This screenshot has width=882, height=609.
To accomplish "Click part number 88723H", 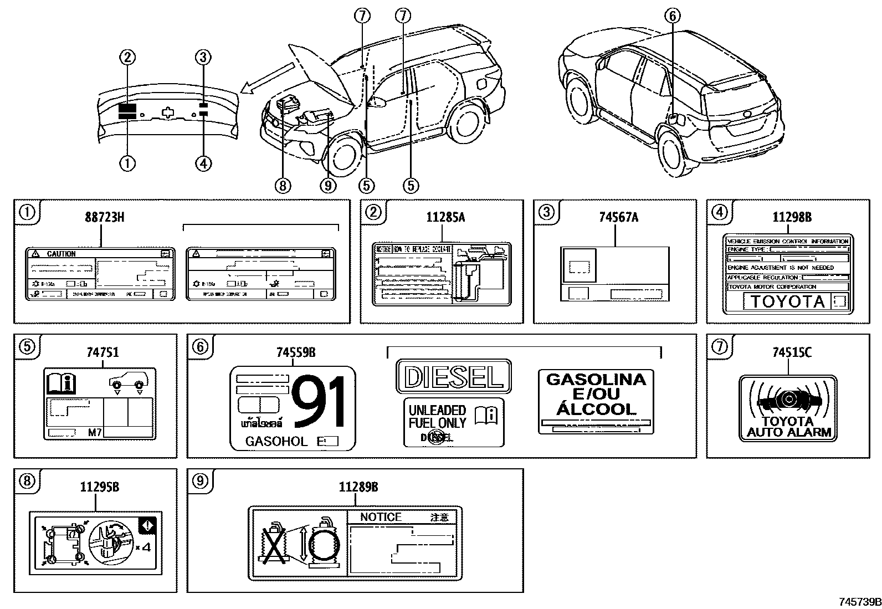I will pos(104,217).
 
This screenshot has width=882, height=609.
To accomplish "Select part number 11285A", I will pos(445,217).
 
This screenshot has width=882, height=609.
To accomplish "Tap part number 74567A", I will pos(618,217).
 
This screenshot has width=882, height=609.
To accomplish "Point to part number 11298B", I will pos(792,217).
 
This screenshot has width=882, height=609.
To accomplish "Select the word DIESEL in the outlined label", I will pos(454,377).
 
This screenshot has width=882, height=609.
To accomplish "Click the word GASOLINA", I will pos(596,380).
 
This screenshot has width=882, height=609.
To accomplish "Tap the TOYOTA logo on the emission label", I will pos(787,302).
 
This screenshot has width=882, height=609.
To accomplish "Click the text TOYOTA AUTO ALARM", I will pos(789,427).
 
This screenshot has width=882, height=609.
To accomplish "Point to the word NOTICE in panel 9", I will pos(381,517).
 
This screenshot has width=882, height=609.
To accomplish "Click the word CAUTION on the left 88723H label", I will pos(61,254).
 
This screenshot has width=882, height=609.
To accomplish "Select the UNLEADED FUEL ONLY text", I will pos(438,416).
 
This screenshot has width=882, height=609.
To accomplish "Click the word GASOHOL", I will pos(276,442).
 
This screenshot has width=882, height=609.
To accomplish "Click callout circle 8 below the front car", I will pos(283,186).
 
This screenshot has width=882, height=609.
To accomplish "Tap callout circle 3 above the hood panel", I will pos(203,57).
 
